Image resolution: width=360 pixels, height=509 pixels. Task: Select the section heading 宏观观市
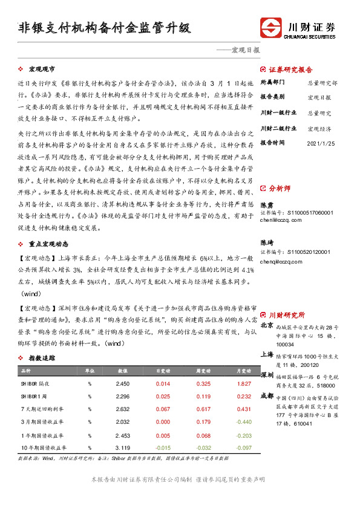42,70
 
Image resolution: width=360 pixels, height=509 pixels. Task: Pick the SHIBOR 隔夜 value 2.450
123,384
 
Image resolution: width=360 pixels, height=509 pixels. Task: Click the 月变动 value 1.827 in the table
244,384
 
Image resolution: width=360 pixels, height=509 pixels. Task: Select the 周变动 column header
203,371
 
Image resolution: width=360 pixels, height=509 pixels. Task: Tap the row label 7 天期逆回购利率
45,409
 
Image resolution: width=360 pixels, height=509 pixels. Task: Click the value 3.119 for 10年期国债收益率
123,447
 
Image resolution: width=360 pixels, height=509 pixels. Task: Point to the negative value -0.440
243,422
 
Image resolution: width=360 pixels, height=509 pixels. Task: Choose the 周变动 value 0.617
203,409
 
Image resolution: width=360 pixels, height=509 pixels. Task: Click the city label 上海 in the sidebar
267,354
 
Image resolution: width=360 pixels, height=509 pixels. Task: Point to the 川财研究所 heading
287,315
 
